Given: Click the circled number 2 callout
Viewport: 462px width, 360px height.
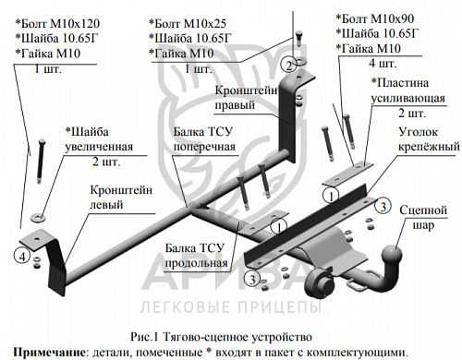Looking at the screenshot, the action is click(288, 65).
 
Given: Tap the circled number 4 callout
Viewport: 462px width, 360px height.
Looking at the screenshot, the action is click(22, 256).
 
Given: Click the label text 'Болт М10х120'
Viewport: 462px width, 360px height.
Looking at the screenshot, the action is click(57, 23).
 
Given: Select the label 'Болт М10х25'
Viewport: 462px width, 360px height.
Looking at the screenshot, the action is click(188, 23).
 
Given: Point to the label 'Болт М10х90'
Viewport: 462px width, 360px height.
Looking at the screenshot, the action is click(375, 18).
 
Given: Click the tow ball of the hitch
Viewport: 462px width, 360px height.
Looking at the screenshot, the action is click(392, 254).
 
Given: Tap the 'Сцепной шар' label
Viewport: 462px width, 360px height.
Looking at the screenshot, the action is click(423, 218).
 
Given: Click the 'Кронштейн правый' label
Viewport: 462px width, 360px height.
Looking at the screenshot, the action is click(246, 98).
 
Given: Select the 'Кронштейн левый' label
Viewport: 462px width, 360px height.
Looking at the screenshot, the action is click(121, 198).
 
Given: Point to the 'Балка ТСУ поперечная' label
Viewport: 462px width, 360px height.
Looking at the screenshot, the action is click(204, 139).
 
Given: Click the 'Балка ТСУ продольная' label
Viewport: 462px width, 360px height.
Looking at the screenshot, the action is click(196, 256).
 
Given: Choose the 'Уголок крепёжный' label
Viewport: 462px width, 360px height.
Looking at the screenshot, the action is click(429, 139).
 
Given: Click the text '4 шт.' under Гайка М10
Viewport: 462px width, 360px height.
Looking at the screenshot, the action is click(383, 64).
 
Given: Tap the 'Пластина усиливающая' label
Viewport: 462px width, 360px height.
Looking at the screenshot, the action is click(407, 90).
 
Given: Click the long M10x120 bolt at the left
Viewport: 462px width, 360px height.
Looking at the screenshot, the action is click(41, 162).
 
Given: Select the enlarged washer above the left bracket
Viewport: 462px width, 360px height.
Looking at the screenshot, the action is click(38, 217).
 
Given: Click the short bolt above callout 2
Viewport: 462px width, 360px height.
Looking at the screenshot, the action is click(298, 38).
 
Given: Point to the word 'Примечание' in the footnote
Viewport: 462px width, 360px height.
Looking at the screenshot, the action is click(49, 352).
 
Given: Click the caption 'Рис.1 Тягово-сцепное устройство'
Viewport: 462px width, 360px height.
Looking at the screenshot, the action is click(221, 337).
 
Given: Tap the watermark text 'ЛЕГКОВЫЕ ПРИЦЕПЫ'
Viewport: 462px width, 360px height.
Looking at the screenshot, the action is click(231, 306).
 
